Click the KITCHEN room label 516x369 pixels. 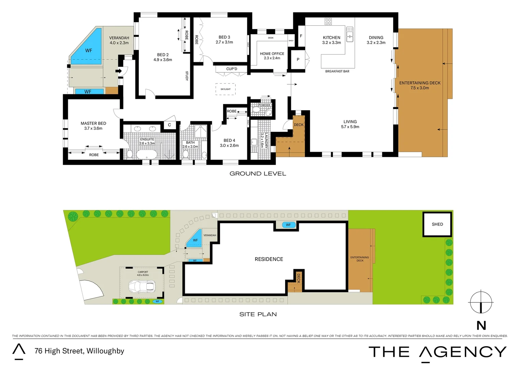(331, 38)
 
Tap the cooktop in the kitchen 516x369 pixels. (328, 22)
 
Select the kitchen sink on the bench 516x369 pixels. (350, 34)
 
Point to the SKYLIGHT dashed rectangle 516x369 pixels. (225, 89)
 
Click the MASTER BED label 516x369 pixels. (93, 123)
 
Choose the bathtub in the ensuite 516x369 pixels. (147, 154)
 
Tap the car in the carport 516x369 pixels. (142, 286)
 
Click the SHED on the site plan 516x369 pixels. (437, 224)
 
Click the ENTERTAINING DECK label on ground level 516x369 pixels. (420, 83)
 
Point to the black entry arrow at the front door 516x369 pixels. (119, 71)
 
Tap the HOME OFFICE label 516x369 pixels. (272, 54)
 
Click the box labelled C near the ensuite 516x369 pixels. (169, 125)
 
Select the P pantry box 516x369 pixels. (298, 59)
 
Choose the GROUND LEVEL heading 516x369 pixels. (257, 174)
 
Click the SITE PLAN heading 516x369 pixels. (258, 314)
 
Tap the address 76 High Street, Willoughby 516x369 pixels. (79, 351)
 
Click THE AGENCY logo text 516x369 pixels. (437, 352)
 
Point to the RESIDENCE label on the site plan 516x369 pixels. (269, 259)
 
